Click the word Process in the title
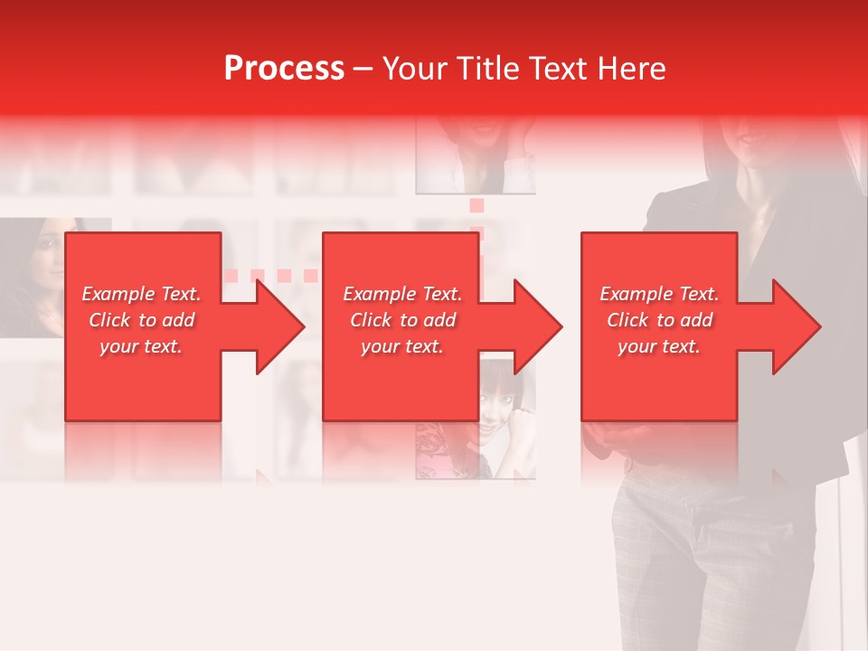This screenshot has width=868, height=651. [x=284, y=69]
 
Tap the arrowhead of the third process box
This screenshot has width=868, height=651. [x=795, y=326]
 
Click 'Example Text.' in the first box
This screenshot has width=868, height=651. [x=141, y=294]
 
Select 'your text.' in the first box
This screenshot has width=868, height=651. [x=141, y=346]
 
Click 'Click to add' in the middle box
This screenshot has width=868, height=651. [x=402, y=320]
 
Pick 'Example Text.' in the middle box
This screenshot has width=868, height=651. [x=402, y=294]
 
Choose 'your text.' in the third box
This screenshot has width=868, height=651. [x=659, y=346]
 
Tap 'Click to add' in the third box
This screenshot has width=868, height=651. [x=659, y=320]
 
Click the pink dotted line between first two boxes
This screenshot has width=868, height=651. [x=270, y=275]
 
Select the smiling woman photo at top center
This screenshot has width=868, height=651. [x=475, y=154]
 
